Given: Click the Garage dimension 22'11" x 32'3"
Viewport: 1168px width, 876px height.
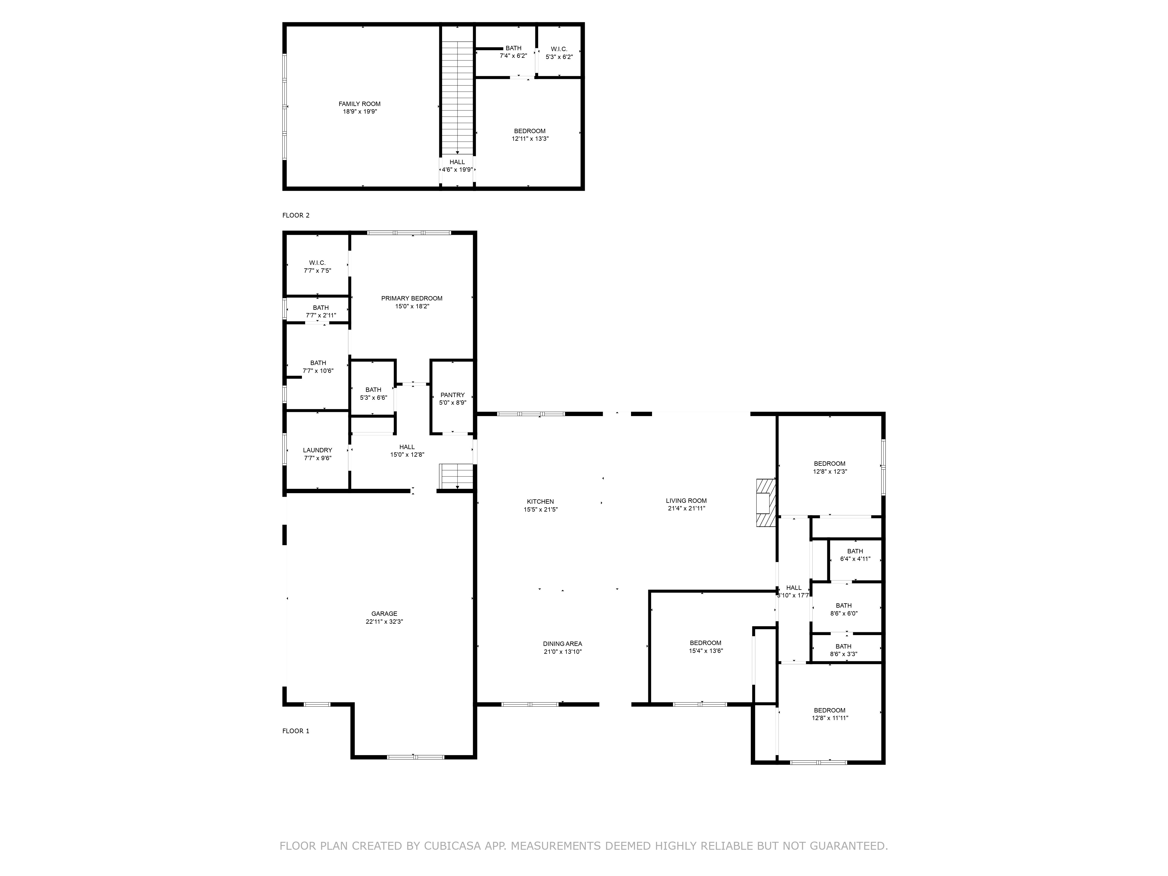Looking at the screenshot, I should (384, 621).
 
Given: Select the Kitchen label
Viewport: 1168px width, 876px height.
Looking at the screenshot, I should (540, 502).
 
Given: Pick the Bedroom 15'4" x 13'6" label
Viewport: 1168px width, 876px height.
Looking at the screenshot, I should (705, 647).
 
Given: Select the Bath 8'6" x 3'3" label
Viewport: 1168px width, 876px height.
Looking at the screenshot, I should (843, 650).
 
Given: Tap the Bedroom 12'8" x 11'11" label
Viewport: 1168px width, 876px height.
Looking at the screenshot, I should (830, 714).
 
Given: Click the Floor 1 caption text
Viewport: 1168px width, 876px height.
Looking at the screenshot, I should (296, 731).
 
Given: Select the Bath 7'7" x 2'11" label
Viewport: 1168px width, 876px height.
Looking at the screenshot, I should (321, 312).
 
